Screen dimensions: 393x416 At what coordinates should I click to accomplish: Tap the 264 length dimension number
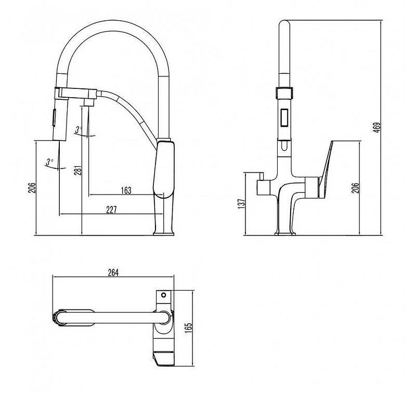pyautogui.click(x=114, y=272)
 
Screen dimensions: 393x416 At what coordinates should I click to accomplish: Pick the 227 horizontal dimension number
pyautogui.click(x=111, y=209)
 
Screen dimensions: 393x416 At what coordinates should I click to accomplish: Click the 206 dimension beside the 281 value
pyautogui.click(x=31, y=188)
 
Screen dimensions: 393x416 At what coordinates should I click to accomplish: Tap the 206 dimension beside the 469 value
pyautogui.click(x=355, y=188)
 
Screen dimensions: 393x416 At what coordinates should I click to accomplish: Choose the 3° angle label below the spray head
pyautogui.click(x=49, y=162)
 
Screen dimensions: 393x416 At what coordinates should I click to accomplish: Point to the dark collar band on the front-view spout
pyautogui.click(x=284, y=94)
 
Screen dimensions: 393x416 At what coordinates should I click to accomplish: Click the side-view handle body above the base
pyautogui.click(x=163, y=169)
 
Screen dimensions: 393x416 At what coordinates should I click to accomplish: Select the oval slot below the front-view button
pyautogui.click(x=284, y=147)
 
